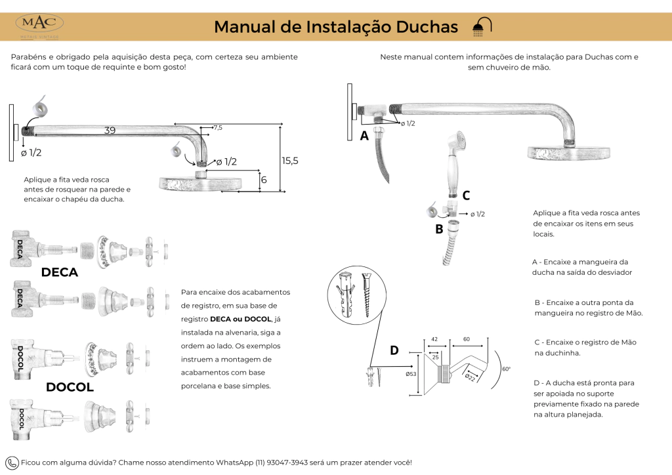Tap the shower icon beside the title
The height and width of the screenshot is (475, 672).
[x=481, y=26]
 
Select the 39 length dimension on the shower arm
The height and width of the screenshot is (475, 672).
[x=110, y=131]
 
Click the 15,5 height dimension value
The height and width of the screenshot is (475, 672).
[x=289, y=160]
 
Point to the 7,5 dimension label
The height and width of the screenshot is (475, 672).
[x=218, y=127]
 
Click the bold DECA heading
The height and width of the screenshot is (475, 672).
[x=60, y=272]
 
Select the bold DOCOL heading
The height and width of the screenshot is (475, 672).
[x=70, y=387]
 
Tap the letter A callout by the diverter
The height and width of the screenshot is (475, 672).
[x=364, y=136]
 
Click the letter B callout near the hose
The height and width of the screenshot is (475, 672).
[x=439, y=229]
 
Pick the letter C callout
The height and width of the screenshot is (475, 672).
[x=466, y=195]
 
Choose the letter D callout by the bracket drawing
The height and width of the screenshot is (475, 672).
[x=394, y=350]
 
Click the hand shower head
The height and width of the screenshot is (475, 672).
[x=456, y=143]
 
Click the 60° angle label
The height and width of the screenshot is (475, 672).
[x=505, y=369]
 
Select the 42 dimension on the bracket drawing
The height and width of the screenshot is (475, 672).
[x=434, y=339]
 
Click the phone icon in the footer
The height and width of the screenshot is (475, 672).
[x=12, y=463]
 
